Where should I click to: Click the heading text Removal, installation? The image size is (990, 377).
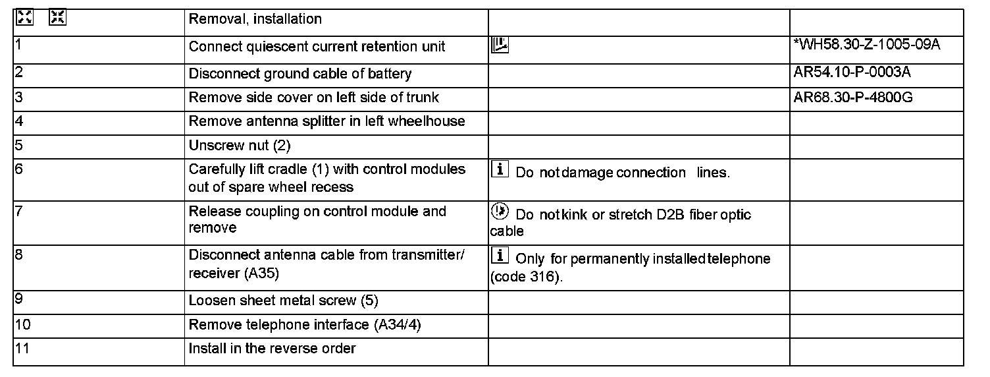click(255, 19)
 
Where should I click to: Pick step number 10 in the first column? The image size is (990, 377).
click(22, 324)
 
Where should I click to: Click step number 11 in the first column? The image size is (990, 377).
click(22, 348)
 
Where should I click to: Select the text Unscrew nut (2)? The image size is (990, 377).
click(240, 145)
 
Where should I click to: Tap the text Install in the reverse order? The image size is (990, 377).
click(272, 348)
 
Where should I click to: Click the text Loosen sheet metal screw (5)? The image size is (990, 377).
click(284, 301)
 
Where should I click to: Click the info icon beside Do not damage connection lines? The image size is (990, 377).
click(500, 169)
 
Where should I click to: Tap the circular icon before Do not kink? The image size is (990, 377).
click(500, 212)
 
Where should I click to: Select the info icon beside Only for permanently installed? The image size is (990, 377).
click(500, 256)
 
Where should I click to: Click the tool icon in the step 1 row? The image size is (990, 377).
click(500, 45)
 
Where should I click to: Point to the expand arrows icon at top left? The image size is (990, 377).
click(25, 18)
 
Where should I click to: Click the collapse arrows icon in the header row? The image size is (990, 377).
click(58, 18)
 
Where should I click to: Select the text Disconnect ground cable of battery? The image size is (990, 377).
click(300, 74)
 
